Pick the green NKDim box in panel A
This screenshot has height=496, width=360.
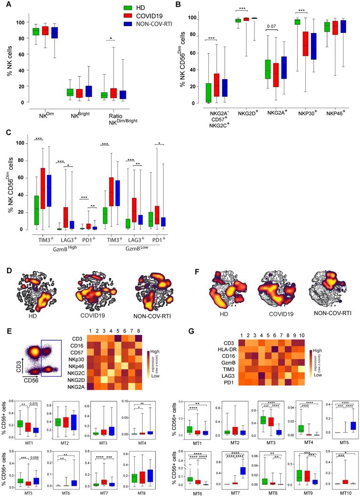tap(36, 32)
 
